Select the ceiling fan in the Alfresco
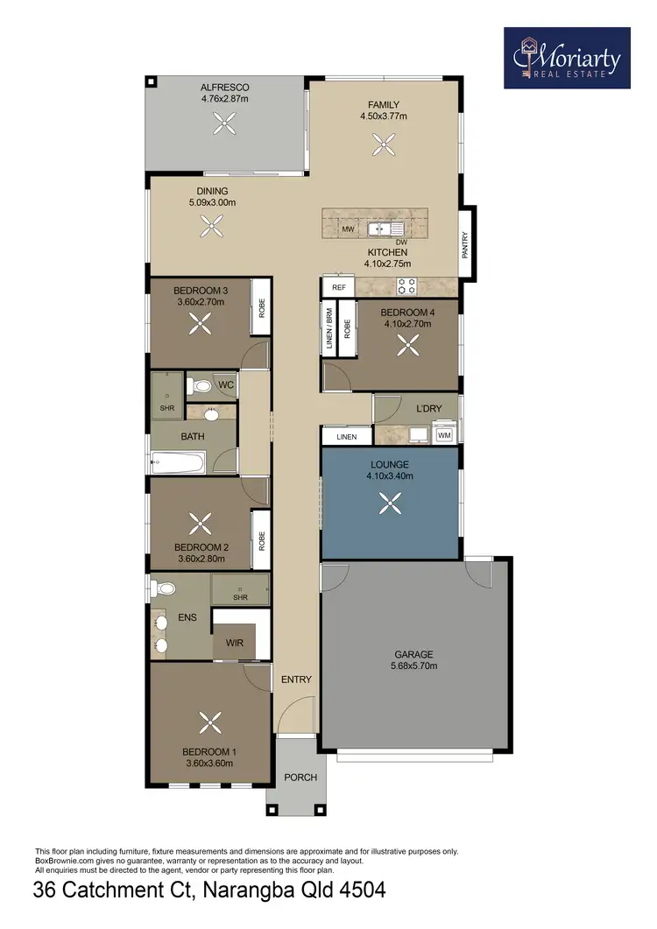[x=224, y=126]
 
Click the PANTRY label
[x=466, y=243]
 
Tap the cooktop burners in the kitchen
[x=406, y=285]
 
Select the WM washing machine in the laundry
[x=443, y=434]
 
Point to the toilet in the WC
[x=201, y=384]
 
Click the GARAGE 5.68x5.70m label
[x=413, y=660]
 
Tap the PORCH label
[x=300, y=777]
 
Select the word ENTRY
[x=296, y=679]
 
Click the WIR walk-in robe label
[x=234, y=643]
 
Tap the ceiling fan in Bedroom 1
[x=210, y=723]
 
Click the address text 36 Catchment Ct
[x=114, y=892]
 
